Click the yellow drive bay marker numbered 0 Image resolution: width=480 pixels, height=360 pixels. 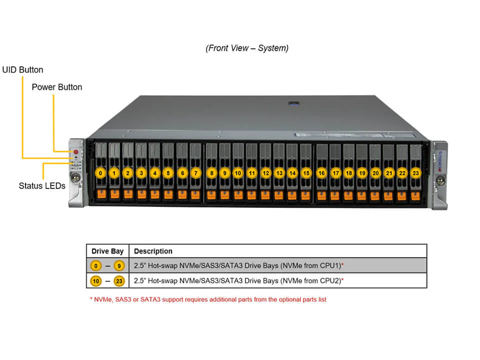[x=101, y=173]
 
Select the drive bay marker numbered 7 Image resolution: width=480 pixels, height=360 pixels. [x=195, y=173]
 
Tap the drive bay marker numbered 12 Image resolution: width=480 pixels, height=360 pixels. [x=266, y=173]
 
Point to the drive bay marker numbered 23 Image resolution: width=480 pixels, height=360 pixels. [x=415, y=173]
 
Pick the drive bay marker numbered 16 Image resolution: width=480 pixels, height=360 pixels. [x=322, y=173]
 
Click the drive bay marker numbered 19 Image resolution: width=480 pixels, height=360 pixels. [x=362, y=173]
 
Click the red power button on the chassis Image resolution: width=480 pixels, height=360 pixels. [x=76, y=152]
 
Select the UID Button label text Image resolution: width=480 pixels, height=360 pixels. [x=23, y=70]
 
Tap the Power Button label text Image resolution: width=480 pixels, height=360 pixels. [x=57, y=87]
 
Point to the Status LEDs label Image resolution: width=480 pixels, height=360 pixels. [x=42, y=186]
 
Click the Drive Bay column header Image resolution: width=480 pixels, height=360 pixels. [x=107, y=251]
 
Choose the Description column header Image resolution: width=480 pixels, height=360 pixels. [x=153, y=251]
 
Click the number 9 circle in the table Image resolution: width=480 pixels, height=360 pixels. [x=119, y=265]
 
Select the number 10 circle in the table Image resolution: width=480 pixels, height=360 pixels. [x=96, y=281]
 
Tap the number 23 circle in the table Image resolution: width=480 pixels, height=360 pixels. [x=119, y=281]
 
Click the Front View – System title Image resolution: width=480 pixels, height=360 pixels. [x=247, y=48]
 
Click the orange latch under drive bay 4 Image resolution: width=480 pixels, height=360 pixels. [x=155, y=194]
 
